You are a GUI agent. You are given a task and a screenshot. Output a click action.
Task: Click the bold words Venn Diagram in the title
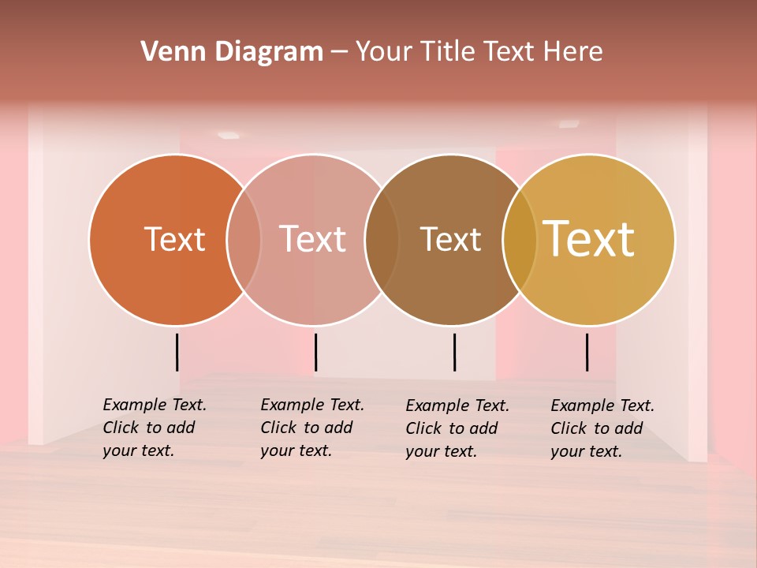[232, 52]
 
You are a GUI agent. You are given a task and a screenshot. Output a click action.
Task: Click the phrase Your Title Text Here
[479, 52]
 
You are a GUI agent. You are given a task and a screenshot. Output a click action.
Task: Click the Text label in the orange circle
[174, 239]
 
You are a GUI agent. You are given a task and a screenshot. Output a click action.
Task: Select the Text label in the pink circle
[312, 239]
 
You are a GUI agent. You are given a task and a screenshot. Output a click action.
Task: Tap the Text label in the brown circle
[450, 239]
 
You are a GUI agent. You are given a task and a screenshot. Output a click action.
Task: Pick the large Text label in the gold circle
[589, 238]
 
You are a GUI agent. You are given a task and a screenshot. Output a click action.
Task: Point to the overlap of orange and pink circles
[244, 239]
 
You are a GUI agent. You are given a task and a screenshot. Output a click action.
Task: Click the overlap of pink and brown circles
[382, 239]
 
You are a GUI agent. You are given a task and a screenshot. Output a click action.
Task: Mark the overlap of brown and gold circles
[520, 239]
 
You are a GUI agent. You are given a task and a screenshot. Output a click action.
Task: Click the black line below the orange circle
[177, 352]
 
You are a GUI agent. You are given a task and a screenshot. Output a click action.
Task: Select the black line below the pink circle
[315, 352]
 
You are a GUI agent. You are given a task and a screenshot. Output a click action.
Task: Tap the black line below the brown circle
[455, 352]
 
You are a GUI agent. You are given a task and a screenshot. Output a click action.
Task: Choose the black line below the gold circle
[587, 352]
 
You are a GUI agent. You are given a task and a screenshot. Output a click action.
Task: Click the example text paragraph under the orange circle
[154, 428]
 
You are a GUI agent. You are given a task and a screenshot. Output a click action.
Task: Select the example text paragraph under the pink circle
[311, 428]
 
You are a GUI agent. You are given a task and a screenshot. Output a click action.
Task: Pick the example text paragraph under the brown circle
[457, 428]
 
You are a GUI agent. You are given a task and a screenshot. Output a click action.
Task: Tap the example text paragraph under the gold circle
[602, 428]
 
